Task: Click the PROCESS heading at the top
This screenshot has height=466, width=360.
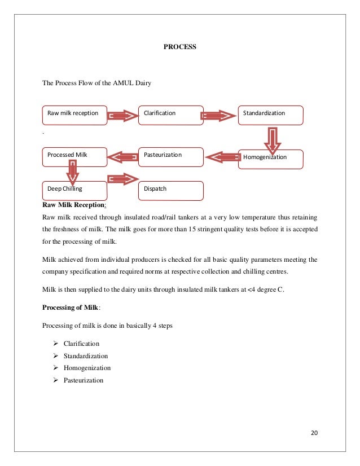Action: click(x=179, y=47)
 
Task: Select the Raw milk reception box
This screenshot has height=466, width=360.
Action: click(x=74, y=115)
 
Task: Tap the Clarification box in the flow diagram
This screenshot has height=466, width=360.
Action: click(x=171, y=115)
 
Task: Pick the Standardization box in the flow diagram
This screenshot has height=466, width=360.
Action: click(x=271, y=115)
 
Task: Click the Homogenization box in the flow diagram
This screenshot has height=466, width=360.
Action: click(x=271, y=159)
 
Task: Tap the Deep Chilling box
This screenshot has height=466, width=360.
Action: click(x=74, y=190)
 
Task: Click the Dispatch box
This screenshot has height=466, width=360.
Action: click(x=171, y=190)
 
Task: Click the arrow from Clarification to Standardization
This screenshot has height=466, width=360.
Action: click(x=219, y=116)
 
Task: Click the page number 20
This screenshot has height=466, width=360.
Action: click(x=315, y=433)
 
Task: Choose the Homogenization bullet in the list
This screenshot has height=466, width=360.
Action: click(x=87, y=368)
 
